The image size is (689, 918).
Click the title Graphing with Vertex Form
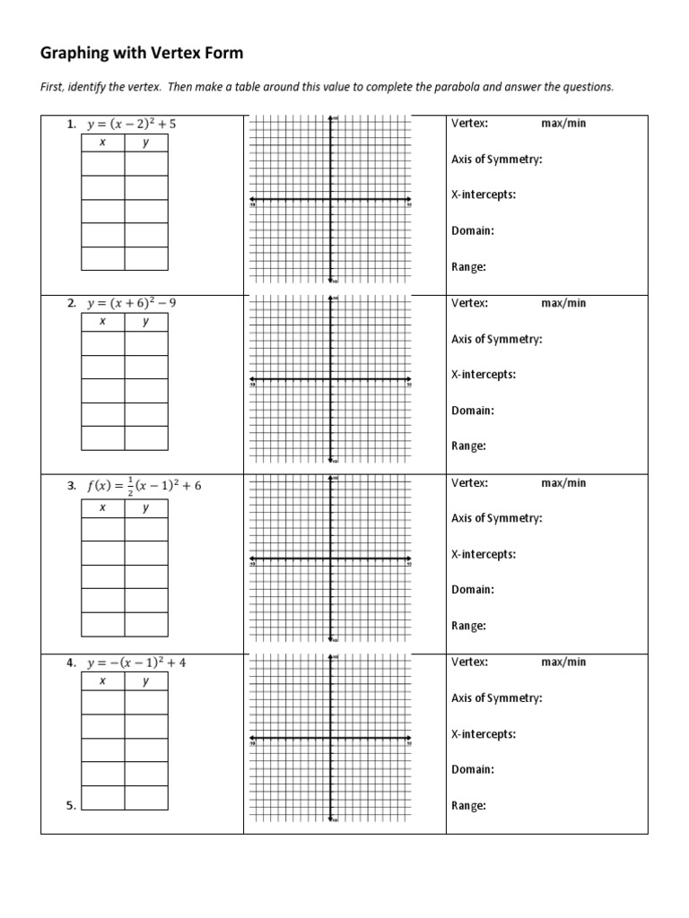click(x=142, y=54)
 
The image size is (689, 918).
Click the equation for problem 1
click(x=131, y=125)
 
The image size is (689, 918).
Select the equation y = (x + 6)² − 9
click(x=131, y=304)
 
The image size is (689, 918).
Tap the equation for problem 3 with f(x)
click(x=144, y=485)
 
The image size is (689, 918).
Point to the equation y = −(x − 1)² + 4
click(x=136, y=663)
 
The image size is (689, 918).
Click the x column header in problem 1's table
click(x=102, y=143)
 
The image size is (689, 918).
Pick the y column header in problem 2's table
click(x=145, y=322)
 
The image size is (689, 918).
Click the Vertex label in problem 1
click(x=469, y=124)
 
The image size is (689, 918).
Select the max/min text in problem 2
click(x=563, y=303)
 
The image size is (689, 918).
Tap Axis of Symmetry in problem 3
click(x=496, y=518)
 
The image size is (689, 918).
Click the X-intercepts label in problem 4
click(x=483, y=734)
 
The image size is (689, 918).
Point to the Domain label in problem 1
click(x=473, y=231)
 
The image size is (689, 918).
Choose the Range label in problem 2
click(x=468, y=446)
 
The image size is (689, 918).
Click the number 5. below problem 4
click(x=70, y=806)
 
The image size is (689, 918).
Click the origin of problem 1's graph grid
click(x=331, y=199)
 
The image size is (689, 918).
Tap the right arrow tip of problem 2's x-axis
click(x=409, y=379)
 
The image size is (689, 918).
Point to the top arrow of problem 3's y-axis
click(x=331, y=478)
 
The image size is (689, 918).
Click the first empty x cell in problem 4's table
click(x=102, y=703)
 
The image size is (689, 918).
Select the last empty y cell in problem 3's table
click(x=145, y=623)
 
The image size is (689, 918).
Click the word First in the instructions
click(x=53, y=87)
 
